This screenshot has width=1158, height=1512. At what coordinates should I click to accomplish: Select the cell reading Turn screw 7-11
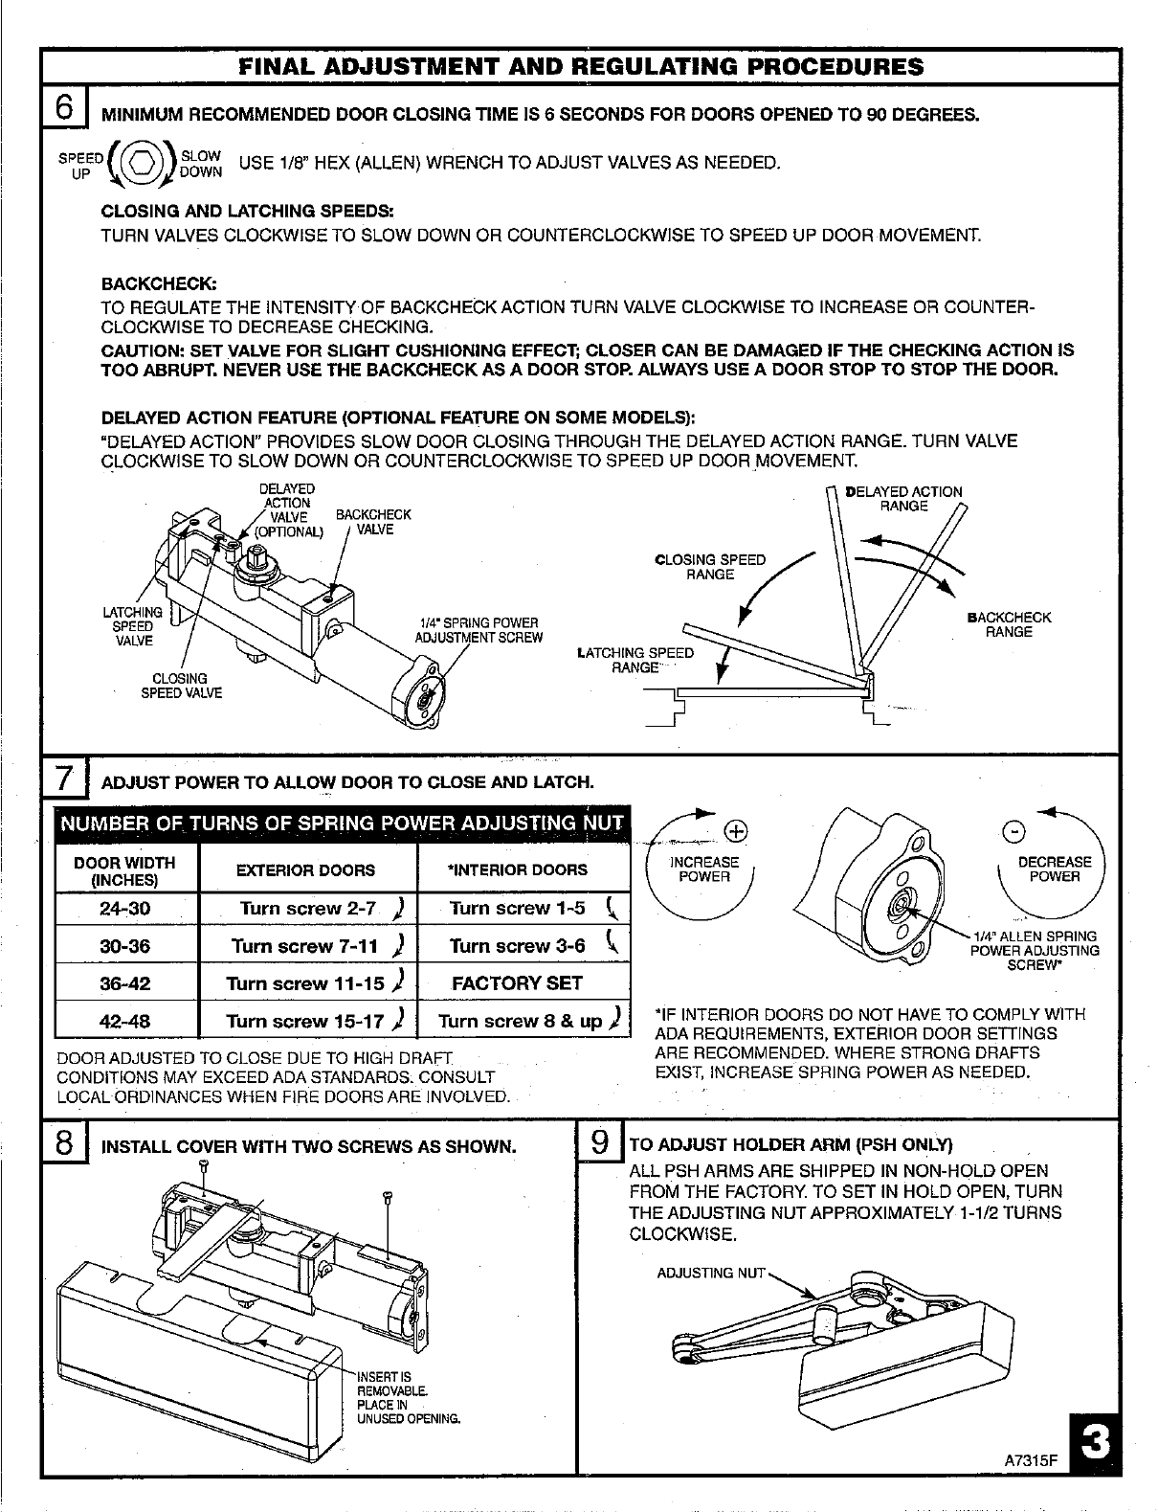(x=308, y=946)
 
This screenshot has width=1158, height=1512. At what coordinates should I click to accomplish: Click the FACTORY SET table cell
(x=517, y=982)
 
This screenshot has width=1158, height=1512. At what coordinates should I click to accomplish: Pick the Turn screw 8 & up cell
(x=523, y=1020)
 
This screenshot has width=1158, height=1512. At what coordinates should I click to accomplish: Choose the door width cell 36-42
(x=125, y=982)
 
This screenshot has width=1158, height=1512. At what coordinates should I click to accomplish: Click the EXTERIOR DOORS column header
(x=306, y=870)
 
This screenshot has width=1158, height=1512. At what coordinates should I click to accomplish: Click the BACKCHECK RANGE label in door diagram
(x=1009, y=624)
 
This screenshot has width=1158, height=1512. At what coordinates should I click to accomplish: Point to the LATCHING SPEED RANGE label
(x=635, y=660)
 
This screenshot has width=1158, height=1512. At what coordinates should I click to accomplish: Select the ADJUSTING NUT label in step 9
(x=712, y=1273)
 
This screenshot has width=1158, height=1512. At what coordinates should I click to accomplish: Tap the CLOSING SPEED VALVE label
(x=181, y=685)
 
